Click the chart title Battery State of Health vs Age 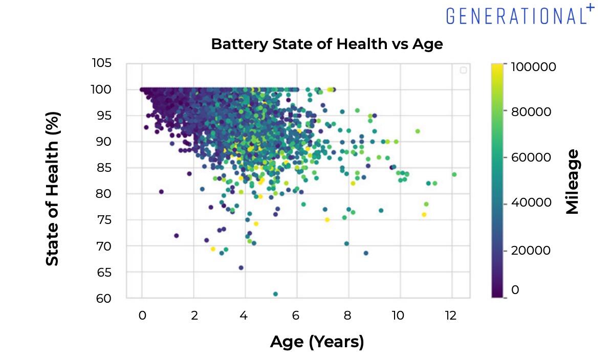coord(326,44)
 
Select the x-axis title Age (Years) coord(317,342)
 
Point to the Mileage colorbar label coord(573,182)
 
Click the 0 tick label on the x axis coord(142,316)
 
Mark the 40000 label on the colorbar coord(531,203)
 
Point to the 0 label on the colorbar coord(515,290)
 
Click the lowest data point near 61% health coord(275,294)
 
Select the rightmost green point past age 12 coord(454,174)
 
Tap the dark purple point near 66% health coord(241,267)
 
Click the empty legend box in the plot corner coord(463,70)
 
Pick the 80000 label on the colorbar coord(531,111)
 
